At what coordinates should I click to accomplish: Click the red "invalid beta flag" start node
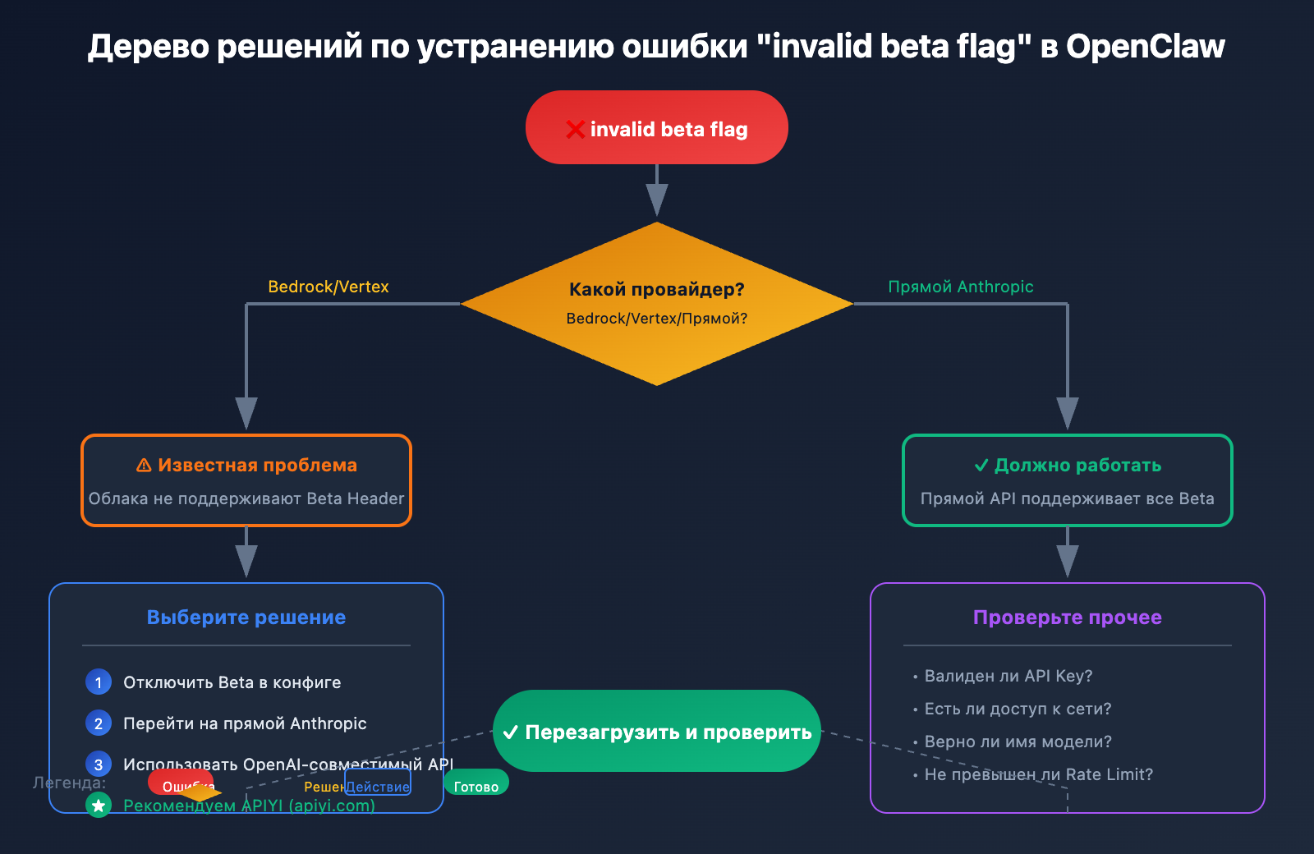(x=657, y=127)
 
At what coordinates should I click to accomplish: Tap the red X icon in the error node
(x=575, y=130)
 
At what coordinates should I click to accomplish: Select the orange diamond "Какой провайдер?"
(x=657, y=303)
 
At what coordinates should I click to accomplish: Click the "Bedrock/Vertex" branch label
(x=328, y=287)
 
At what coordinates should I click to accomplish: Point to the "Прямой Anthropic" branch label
(x=961, y=287)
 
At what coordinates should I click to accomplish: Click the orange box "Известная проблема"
(x=246, y=480)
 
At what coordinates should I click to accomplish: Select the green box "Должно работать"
(x=1068, y=480)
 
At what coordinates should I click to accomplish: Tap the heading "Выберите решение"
(x=246, y=618)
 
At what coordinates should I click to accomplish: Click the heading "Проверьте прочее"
(x=1068, y=618)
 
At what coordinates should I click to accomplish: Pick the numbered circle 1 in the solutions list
(x=99, y=682)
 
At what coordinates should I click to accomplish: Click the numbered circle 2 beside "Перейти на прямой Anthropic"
(x=99, y=723)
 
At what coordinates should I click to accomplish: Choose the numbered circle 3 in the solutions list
(x=99, y=764)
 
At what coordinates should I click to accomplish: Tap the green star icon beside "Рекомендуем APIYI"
(x=99, y=806)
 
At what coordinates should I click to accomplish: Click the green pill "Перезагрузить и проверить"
(x=657, y=731)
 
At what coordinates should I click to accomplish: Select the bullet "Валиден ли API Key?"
(x=1008, y=676)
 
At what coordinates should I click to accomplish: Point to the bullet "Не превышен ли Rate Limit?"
(x=1039, y=774)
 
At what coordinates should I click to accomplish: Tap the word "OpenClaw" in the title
(x=1146, y=47)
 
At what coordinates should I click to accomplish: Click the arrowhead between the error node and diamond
(x=657, y=200)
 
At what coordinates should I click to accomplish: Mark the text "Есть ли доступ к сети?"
(x=1018, y=709)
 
